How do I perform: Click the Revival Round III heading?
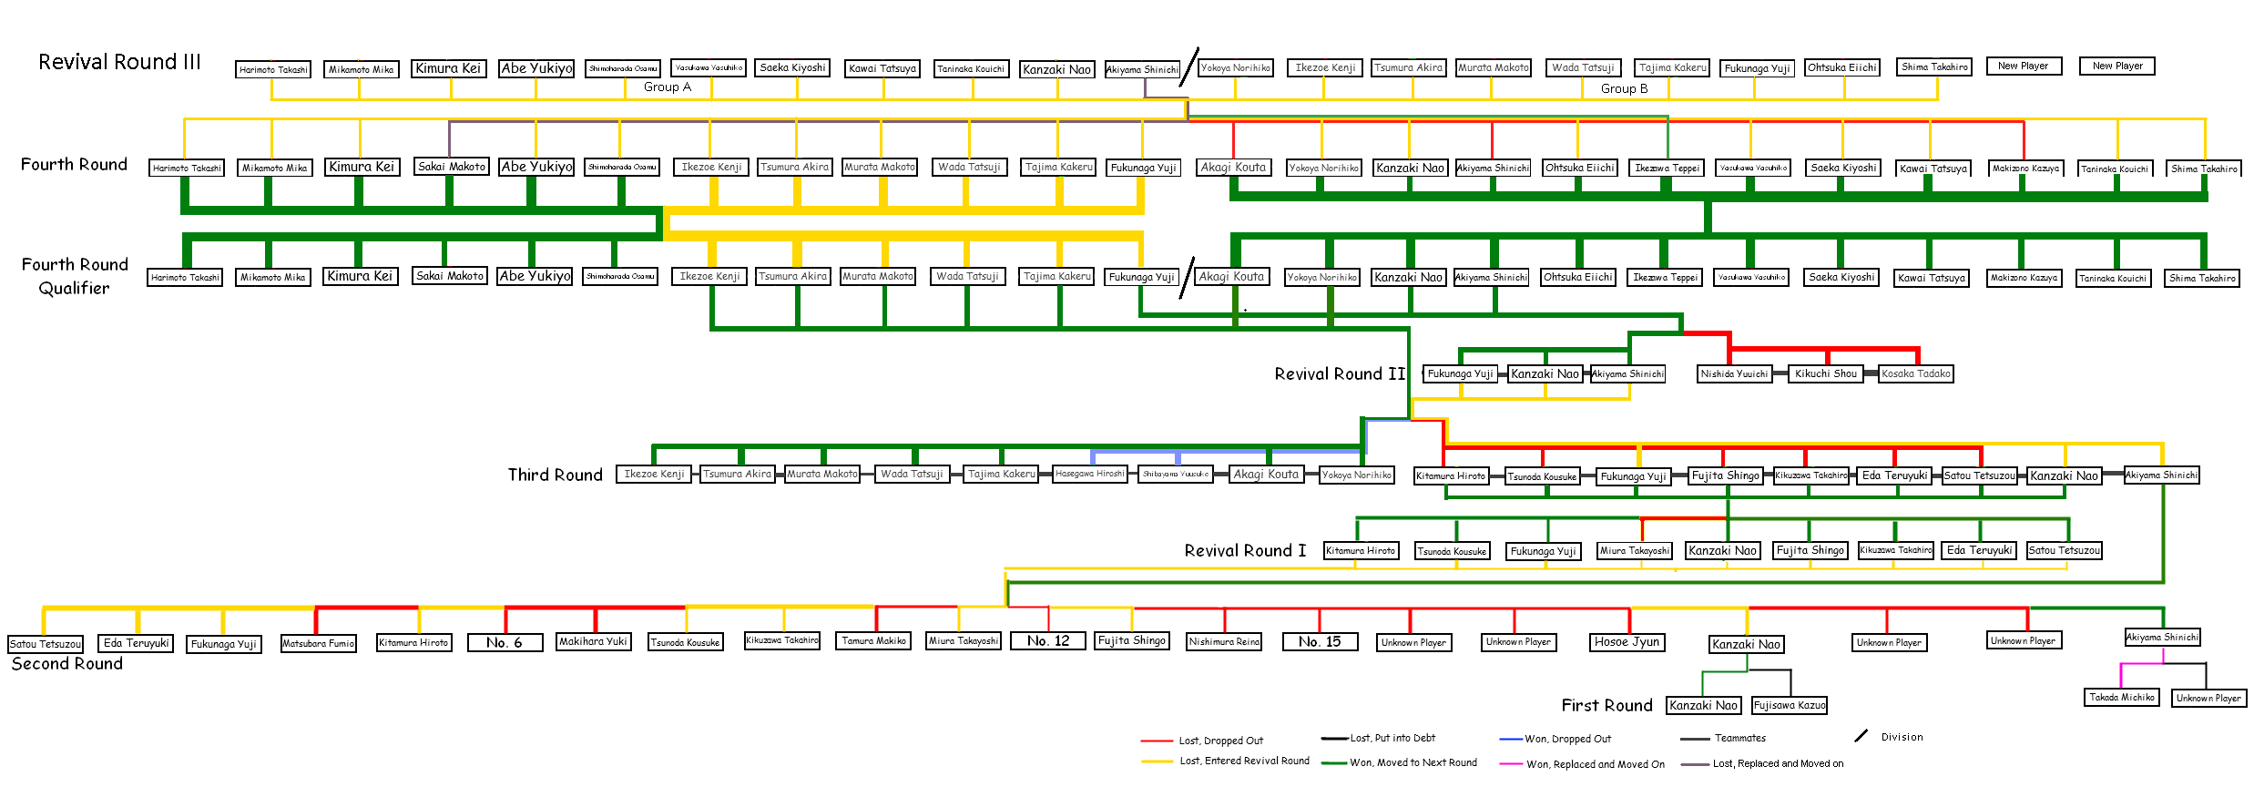[119, 62]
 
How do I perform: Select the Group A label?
[667, 87]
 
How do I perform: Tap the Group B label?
[1624, 88]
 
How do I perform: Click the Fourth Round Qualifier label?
[75, 276]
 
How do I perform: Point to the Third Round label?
[555, 475]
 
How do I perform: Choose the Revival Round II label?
[1340, 373]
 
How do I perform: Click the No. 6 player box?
[505, 642]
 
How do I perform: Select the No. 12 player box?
[1047, 641]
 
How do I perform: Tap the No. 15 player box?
[1320, 641]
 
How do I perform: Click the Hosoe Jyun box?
[1627, 641]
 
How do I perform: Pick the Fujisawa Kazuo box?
[1790, 705]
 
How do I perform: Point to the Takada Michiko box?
[2122, 697]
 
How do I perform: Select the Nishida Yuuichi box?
[1734, 373]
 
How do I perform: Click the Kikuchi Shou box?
[1825, 373]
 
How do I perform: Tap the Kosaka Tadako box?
[1915, 373]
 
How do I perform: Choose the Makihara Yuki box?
[593, 641]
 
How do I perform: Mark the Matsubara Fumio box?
[318, 643]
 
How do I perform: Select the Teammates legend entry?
[1739, 738]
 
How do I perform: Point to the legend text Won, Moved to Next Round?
[1413, 762]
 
